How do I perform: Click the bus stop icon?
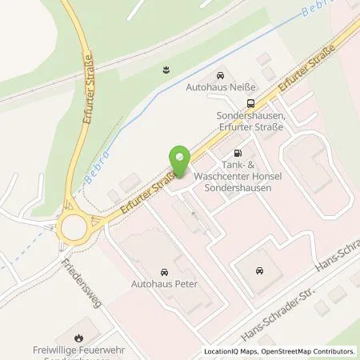[252, 102]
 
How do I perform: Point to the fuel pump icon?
[236, 152]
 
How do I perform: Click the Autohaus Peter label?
[165, 282]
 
